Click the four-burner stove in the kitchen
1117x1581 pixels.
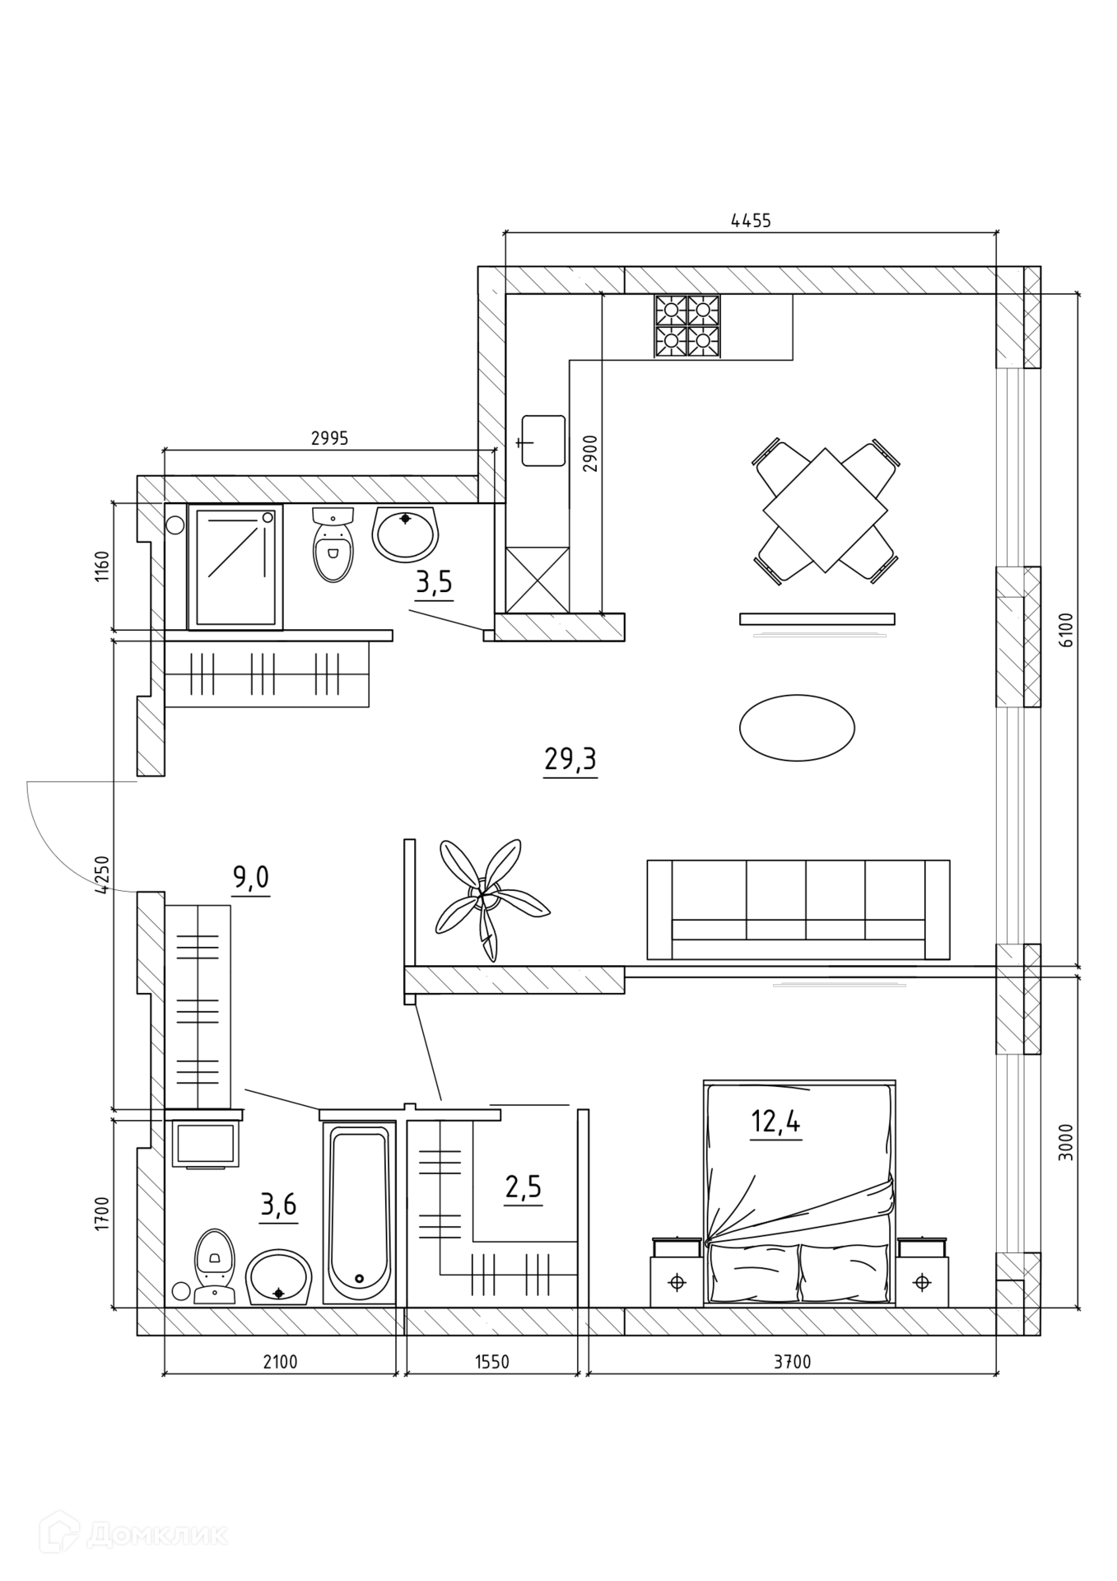click(686, 326)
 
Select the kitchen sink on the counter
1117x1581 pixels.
click(543, 441)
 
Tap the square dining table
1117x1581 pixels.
click(825, 510)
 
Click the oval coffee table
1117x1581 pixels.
click(797, 727)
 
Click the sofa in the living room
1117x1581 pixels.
click(798, 910)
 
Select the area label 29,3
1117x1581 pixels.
click(570, 759)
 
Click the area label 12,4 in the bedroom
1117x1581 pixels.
click(775, 1122)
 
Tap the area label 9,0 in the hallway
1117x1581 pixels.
click(251, 879)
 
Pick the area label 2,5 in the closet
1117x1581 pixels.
click(524, 1187)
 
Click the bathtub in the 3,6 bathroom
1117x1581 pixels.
click(359, 1212)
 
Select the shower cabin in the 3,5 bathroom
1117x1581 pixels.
click(235, 567)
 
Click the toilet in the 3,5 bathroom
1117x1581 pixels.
click(333, 544)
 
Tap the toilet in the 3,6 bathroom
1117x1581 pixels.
click(214, 1266)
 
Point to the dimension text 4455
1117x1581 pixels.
click(751, 220)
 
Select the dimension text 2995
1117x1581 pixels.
click(329, 439)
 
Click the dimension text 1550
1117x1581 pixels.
click(492, 1362)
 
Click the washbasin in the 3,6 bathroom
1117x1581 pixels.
click(280, 1277)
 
